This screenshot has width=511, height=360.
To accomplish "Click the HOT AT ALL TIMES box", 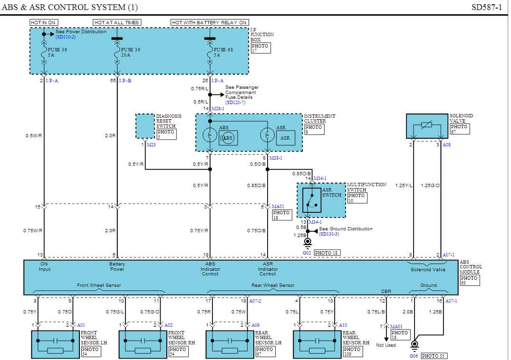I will (117, 22).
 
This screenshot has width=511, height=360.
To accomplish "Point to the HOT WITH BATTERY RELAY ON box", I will (210, 22).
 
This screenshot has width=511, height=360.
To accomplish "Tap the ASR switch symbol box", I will (312, 200).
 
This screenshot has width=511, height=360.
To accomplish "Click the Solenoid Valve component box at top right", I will (427, 126).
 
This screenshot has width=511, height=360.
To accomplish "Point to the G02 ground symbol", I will (308, 242).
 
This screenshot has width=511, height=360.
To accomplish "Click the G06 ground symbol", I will (415, 344).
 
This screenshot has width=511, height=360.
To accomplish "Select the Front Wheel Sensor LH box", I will (56, 344).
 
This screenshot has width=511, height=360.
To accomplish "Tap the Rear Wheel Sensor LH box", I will (231, 344).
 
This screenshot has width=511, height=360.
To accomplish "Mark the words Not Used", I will (386, 345).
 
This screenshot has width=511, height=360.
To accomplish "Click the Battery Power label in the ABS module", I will (117, 266).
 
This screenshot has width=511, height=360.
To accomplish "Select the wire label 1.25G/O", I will (431, 186).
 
